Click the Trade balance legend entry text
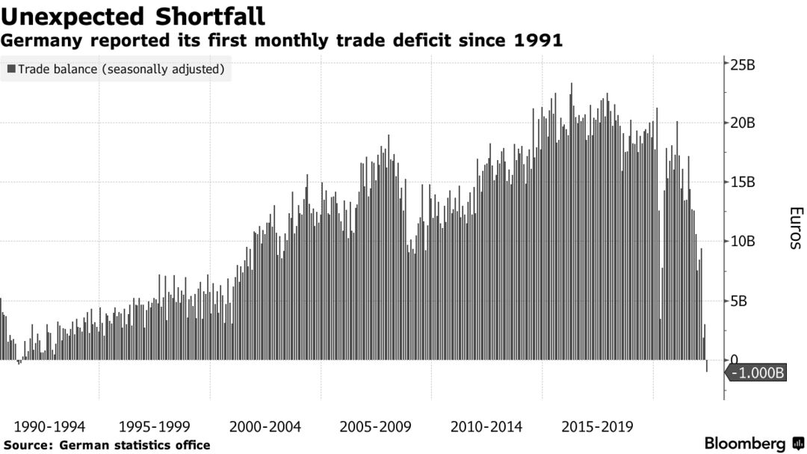tap(121, 69)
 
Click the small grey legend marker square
tap(11, 69)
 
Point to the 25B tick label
tap(743, 64)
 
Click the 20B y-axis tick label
tap(743, 123)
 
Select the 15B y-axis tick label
tap(743, 182)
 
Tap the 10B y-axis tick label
tap(743, 242)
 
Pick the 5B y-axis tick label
tap(740, 301)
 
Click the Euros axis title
tap(794, 228)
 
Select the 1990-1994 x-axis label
tap(49, 427)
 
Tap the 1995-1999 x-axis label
tap(155, 427)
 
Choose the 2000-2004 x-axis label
tap(265, 427)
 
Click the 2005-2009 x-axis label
tap(376, 427)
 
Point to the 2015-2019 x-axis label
tap(597, 427)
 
